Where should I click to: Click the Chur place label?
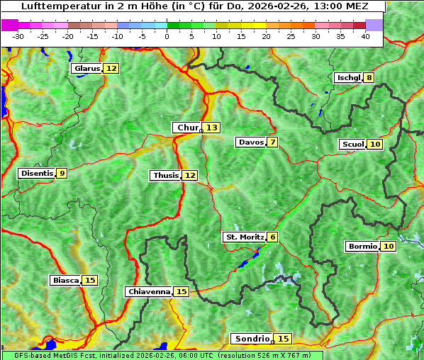click(188, 128)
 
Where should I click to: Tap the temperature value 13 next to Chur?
click(213, 128)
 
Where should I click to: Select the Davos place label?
click(251, 142)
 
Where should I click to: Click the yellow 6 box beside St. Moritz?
click(273, 237)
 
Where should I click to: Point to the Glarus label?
click(87, 69)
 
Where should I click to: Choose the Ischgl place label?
click(348, 77)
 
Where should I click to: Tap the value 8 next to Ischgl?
click(369, 77)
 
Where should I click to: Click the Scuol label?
click(352, 145)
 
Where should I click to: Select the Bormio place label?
click(362, 247)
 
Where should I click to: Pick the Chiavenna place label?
click(149, 291)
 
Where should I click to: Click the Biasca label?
click(66, 281)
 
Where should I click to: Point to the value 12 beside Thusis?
click(190, 175)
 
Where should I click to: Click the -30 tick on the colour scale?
click(18, 36)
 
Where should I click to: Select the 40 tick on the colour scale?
click(365, 36)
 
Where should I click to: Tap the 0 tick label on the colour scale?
click(167, 36)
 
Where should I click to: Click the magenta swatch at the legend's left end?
click(10, 25)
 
